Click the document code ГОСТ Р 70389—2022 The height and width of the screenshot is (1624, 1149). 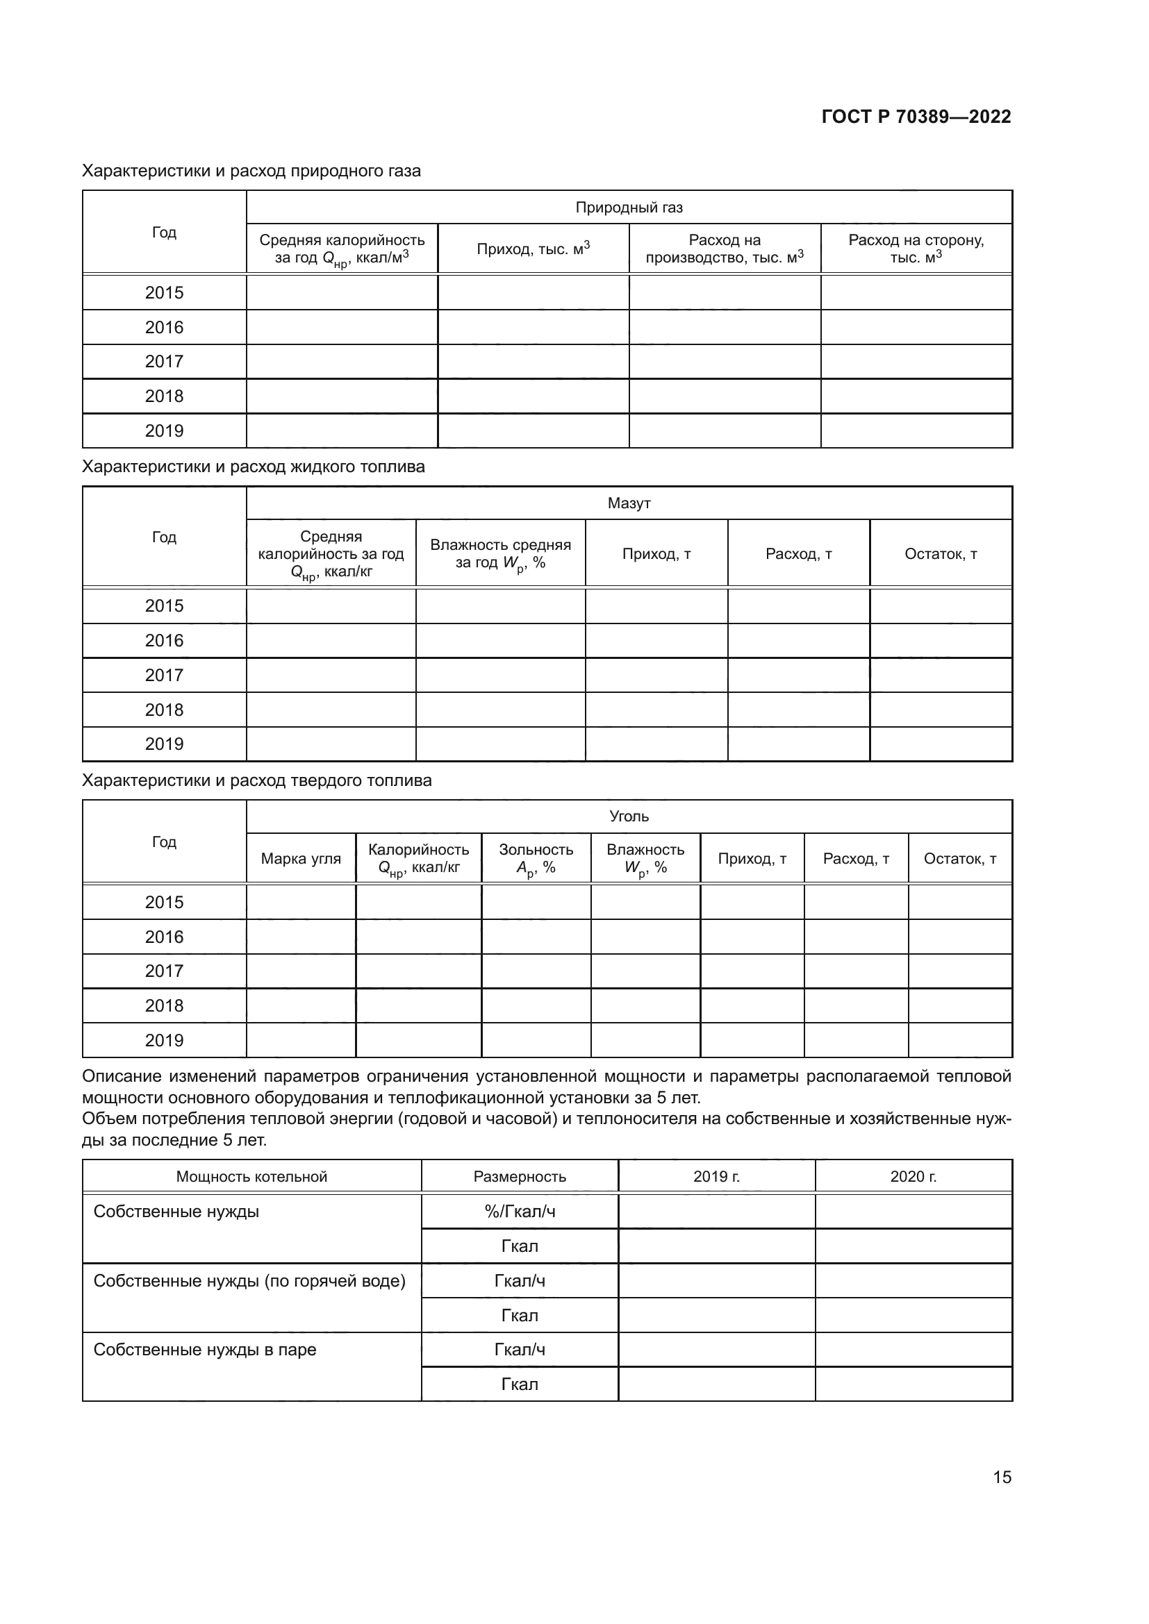(916, 117)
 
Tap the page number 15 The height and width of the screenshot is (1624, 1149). (1002, 1477)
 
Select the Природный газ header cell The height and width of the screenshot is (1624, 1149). (628, 207)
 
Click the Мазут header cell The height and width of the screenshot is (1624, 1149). (628, 503)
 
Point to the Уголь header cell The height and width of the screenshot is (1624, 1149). (628, 817)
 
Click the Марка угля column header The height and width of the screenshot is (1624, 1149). (301, 859)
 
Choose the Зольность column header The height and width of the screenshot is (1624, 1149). (536, 859)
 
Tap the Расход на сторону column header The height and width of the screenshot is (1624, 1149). (916, 249)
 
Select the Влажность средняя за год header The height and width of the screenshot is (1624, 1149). (500, 554)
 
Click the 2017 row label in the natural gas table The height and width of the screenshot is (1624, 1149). (164, 362)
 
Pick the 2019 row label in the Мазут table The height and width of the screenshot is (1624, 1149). (164, 744)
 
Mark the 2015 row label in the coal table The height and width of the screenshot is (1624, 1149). (164, 902)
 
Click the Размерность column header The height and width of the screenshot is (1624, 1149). (520, 1176)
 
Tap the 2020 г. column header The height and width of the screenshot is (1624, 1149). (913, 1176)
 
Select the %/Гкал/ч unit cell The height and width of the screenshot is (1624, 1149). (520, 1212)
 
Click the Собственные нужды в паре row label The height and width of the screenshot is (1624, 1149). (204, 1350)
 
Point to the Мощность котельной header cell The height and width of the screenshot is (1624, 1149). (251, 1176)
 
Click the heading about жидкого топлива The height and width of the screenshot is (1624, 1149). (254, 467)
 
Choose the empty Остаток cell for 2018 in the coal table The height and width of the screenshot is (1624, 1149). (959, 1005)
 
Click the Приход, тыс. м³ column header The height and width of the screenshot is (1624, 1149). (533, 249)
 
